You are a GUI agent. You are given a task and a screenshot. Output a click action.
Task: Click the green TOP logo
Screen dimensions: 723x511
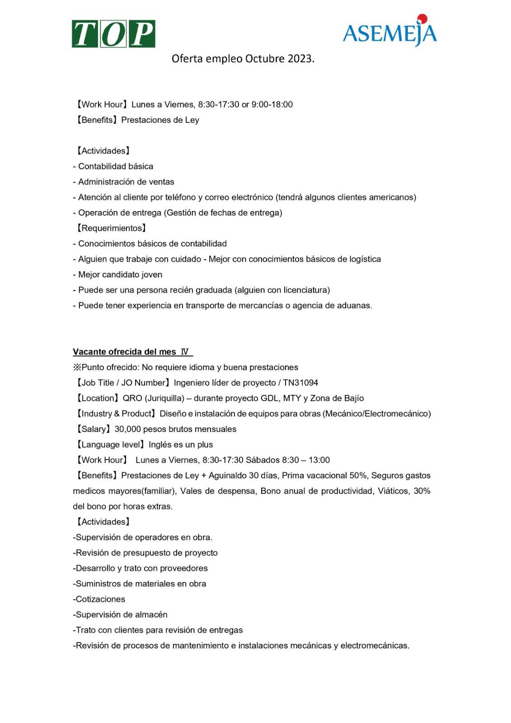(x=113, y=34)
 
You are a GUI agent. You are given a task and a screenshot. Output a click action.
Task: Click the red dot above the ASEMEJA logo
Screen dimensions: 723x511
(x=422, y=19)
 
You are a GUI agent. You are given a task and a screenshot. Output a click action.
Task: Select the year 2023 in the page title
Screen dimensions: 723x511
(x=300, y=59)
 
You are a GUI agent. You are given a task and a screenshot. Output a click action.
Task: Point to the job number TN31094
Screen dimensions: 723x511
(x=300, y=383)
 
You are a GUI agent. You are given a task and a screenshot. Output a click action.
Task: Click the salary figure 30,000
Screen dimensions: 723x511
(x=127, y=429)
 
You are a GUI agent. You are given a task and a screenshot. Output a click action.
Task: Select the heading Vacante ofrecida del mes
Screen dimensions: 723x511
(x=124, y=352)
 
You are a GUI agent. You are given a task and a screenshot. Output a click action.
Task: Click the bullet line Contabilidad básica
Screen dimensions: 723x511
(x=115, y=167)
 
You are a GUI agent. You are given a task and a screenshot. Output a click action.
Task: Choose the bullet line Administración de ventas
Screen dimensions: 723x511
(x=126, y=182)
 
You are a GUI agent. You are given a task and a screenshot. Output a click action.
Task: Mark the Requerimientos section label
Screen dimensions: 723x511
(x=111, y=229)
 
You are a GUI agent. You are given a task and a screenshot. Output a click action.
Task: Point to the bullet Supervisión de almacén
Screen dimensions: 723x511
(x=121, y=615)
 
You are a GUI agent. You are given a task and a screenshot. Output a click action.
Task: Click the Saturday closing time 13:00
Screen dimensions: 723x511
(x=319, y=460)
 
